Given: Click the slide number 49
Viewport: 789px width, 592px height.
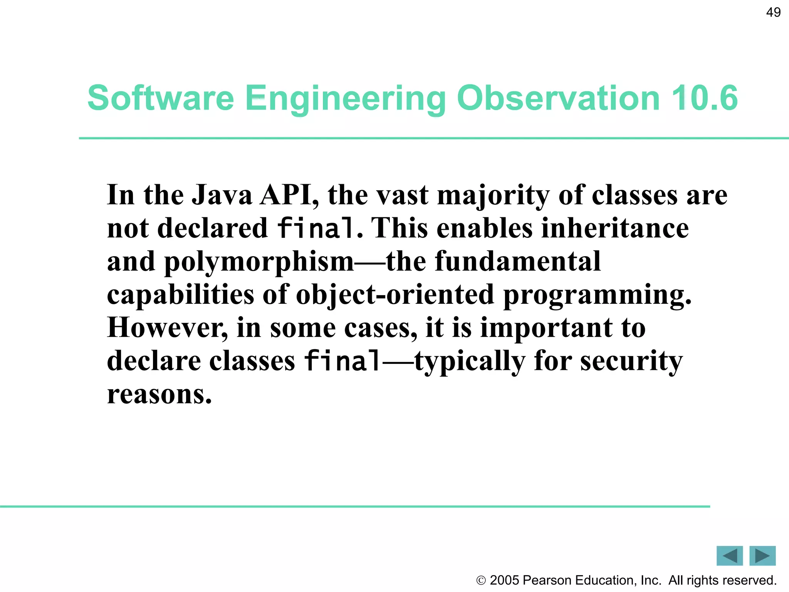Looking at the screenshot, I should point(773,12).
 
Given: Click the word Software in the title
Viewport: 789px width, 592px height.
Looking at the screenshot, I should point(161,98).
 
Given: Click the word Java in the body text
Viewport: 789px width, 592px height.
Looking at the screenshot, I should point(222,195).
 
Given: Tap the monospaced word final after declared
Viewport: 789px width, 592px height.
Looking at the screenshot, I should point(315,228).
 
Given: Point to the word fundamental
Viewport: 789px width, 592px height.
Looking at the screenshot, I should point(518,261).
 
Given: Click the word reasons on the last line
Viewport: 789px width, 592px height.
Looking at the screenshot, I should point(159,395).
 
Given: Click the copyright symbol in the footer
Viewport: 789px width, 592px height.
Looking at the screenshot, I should point(481,580).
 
